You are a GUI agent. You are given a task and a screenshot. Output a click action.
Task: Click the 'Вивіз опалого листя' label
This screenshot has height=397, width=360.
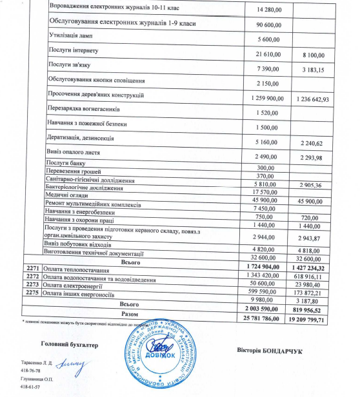click(x=76, y=151)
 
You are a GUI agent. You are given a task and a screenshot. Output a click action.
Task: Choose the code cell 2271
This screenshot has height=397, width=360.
click(x=32, y=267)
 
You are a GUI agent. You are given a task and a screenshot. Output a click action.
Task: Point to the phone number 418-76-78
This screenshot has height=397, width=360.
click(x=31, y=371)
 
